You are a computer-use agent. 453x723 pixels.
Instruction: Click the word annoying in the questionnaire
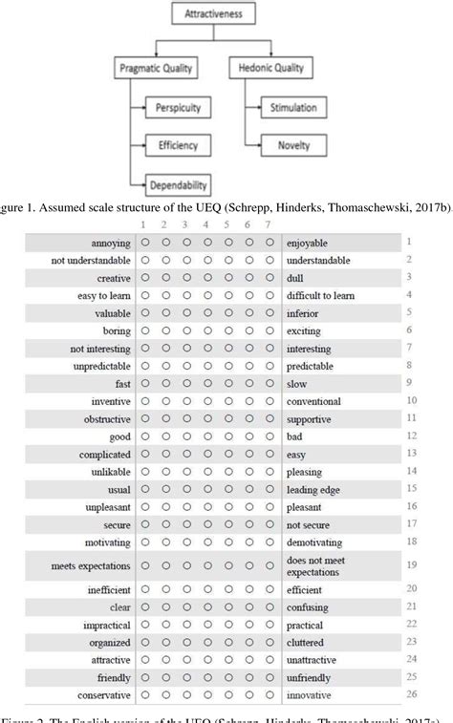tap(111, 243)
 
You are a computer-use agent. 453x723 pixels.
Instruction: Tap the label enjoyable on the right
tap(308, 243)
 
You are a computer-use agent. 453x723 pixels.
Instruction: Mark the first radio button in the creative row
tap(144, 278)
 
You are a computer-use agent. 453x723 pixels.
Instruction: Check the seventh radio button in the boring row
tap(270, 330)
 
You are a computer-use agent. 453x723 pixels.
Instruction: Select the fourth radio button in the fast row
tap(207, 382)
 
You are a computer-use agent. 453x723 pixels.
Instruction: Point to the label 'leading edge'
tap(313, 490)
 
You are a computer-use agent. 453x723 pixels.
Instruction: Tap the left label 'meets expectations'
tap(91, 565)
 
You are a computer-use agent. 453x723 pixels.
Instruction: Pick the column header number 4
tap(207, 225)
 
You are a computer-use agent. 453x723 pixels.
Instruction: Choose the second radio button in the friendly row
tap(165, 676)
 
